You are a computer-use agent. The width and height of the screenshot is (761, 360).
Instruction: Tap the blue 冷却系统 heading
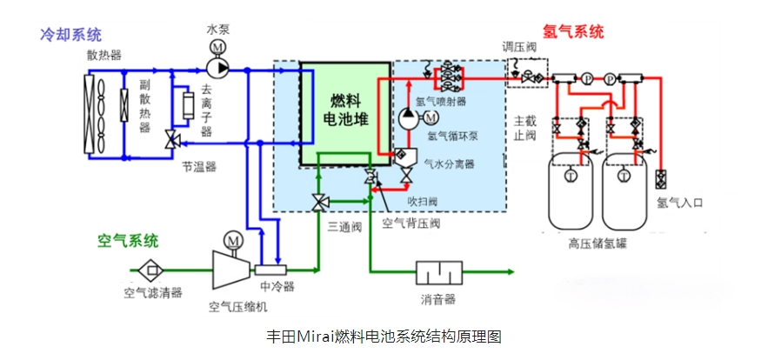tap(70, 35)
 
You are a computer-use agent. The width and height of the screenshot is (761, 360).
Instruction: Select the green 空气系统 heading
tap(128, 240)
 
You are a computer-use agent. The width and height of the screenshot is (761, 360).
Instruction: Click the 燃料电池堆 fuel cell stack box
tap(346, 111)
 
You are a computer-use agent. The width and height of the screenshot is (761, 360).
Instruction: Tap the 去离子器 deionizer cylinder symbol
tap(183, 107)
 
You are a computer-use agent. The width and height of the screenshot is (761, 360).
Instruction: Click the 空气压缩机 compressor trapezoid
tap(230, 266)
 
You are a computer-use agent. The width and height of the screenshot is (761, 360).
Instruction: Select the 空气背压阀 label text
tap(411, 223)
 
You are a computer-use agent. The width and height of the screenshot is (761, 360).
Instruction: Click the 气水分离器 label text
tap(449, 163)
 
